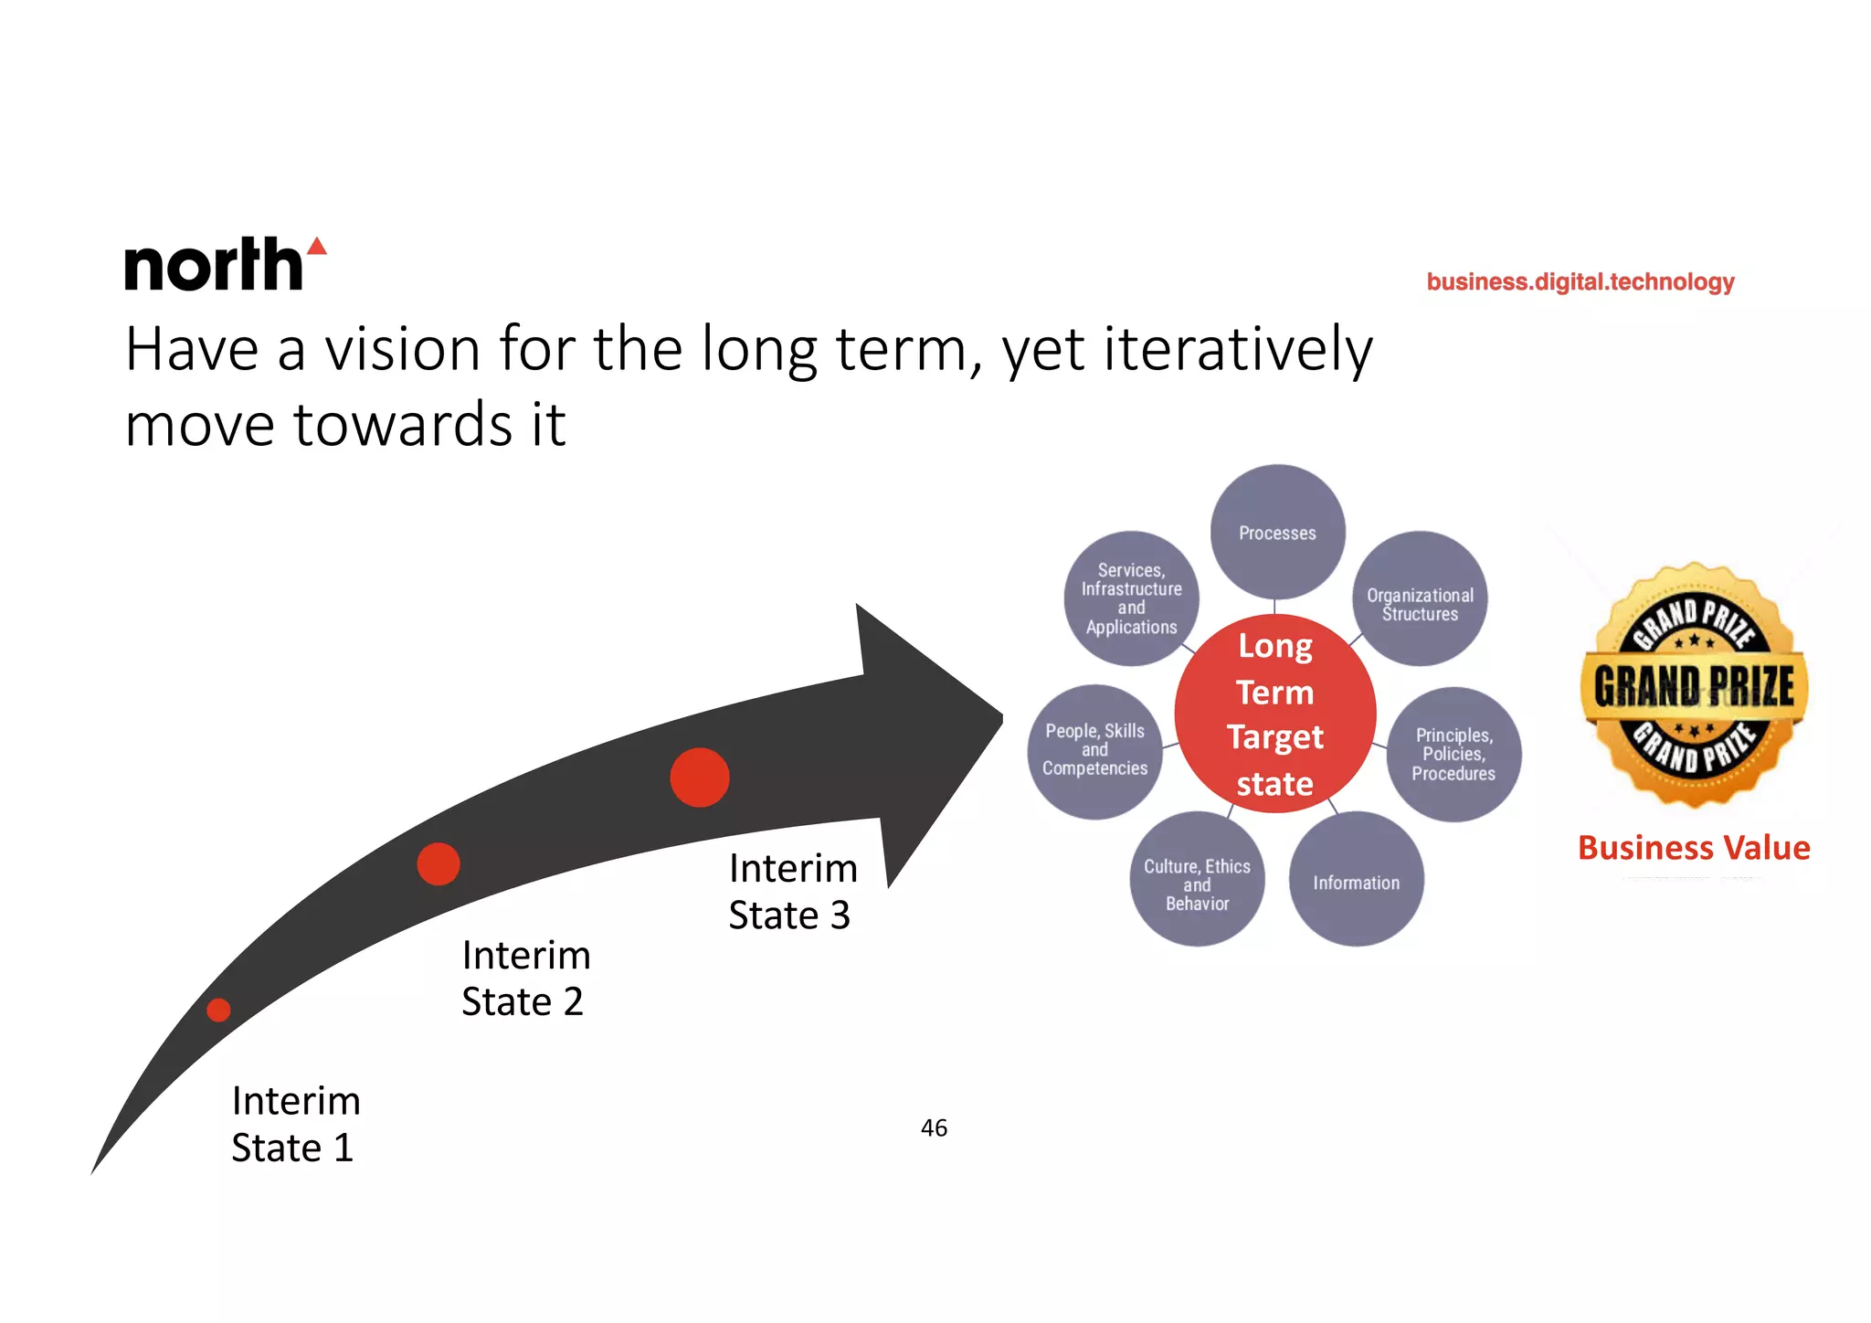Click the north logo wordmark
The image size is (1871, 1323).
click(213, 266)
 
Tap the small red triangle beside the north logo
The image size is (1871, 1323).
click(317, 247)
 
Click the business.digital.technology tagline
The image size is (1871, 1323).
click(1580, 281)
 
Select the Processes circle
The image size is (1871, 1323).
click(1277, 532)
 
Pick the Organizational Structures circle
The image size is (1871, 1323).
click(1420, 599)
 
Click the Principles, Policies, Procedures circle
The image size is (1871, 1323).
click(1453, 754)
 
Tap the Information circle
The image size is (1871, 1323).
click(1356, 879)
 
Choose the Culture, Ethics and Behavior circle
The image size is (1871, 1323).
click(1197, 880)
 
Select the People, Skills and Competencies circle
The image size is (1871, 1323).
click(1094, 751)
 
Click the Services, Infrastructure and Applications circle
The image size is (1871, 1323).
click(1131, 598)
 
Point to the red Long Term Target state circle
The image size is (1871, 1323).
click(1275, 714)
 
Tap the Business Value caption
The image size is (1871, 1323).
click(1694, 848)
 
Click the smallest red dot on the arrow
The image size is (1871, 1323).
click(218, 1010)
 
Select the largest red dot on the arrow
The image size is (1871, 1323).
click(700, 778)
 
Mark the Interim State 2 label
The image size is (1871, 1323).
click(525, 978)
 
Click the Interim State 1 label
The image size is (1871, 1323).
click(295, 1124)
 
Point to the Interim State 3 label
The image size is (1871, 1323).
click(792, 892)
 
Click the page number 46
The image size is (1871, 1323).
click(934, 1128)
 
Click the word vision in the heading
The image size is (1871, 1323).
click(402, 350)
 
